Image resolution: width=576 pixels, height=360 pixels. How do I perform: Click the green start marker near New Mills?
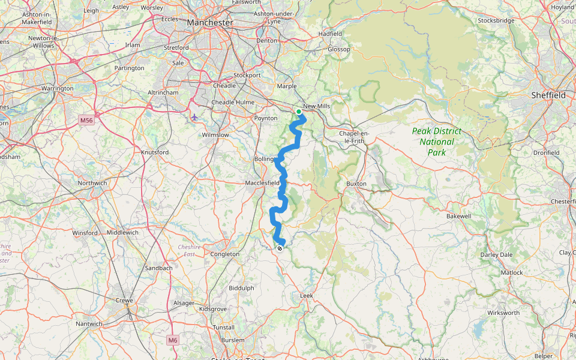pyautogui.click(x=299, y=112)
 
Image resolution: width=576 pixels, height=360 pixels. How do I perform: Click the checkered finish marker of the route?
pyautogui.click(x=280, y=248)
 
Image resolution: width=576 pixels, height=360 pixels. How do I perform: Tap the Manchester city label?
pyautogui.click(x=209, y=22)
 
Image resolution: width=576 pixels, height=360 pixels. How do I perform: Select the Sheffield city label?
pyautogui.click(x=548, y=95)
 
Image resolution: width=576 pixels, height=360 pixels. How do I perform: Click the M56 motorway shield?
pyautogui.click(x=87, y=121)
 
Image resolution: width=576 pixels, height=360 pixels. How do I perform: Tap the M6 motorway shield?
pyautogui.click(x=173, y=340)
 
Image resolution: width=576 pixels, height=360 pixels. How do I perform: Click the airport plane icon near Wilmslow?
pyautogui.click(x=194, y=116)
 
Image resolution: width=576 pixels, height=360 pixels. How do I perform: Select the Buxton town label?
pyautogui.click(x=356, y=183)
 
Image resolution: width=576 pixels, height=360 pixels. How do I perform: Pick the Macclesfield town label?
pyautogui.click(x=262, y=182)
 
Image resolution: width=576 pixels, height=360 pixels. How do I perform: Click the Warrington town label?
pyautogui.click(x=57, y=88)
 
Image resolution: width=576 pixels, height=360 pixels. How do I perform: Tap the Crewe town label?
pyautogui.click(x=126, y=300)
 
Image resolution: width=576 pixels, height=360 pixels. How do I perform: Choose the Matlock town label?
pyautogui.click(x=512, y=272)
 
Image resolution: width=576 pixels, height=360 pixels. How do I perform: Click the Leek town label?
pyautogui.click(x=307, y=296)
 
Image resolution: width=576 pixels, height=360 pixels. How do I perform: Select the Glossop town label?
pyautogui.click(x=338, y=49)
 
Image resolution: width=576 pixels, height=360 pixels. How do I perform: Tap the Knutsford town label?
pyautogui.click(x=155, y=152)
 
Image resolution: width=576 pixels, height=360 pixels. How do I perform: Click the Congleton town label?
pyautogui.click(x=226, y=254)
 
